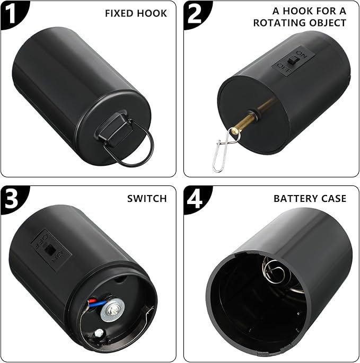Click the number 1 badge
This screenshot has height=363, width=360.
12,13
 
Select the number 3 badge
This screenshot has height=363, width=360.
12,198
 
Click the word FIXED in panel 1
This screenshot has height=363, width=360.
119,13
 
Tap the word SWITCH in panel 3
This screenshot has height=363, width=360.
147,199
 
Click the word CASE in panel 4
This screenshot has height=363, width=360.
332,199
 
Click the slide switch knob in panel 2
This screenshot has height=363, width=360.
292,61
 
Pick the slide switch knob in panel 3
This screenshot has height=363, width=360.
49,249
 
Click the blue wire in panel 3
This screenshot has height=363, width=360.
98,304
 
